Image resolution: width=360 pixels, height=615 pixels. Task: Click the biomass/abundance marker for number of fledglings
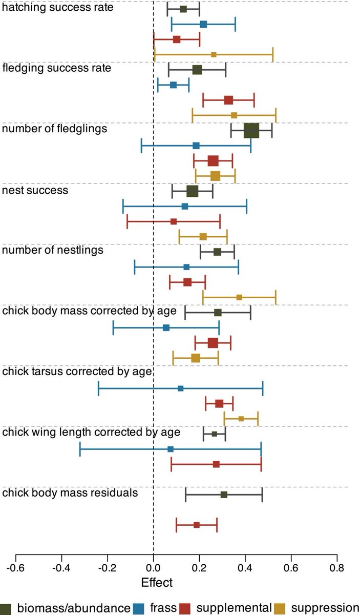[251, 131]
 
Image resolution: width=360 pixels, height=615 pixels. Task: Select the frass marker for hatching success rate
[203, 24]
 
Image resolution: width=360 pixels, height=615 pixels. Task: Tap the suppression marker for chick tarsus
[241, 419]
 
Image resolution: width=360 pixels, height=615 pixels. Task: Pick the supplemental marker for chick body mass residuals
[197, 525]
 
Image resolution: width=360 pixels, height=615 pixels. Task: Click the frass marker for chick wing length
[171, 449]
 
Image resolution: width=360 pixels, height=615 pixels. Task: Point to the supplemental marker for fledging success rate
[228, 100]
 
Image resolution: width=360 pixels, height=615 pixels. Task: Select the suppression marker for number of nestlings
[239, 297]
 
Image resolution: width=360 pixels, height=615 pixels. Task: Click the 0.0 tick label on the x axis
[153, 567]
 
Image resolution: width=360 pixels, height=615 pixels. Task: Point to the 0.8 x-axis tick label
[336, 567]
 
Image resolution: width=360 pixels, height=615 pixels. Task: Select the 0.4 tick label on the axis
[245, 567]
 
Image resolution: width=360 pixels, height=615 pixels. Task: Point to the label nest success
[35, 190]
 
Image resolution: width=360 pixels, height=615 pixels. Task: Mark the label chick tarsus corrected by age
[77, 372]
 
